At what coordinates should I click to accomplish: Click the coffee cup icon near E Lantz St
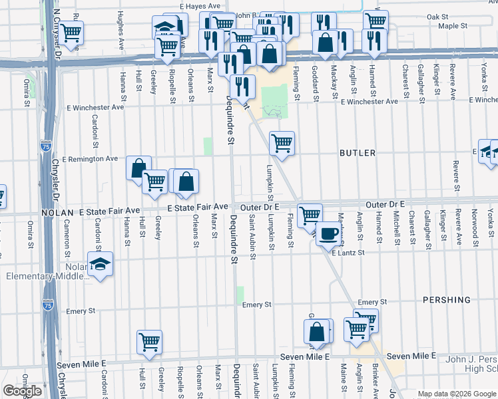click(328, 233)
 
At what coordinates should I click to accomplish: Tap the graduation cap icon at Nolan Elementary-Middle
click(100, 264)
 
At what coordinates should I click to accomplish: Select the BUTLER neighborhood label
click(358, 153)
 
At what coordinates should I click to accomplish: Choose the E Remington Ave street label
click(89, 159)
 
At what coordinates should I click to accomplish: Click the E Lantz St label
click(348, 253)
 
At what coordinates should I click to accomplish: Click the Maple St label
click(453, 27)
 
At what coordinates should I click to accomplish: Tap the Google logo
click(22, 391)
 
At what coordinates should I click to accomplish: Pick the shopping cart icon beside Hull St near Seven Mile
click(150, 341)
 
